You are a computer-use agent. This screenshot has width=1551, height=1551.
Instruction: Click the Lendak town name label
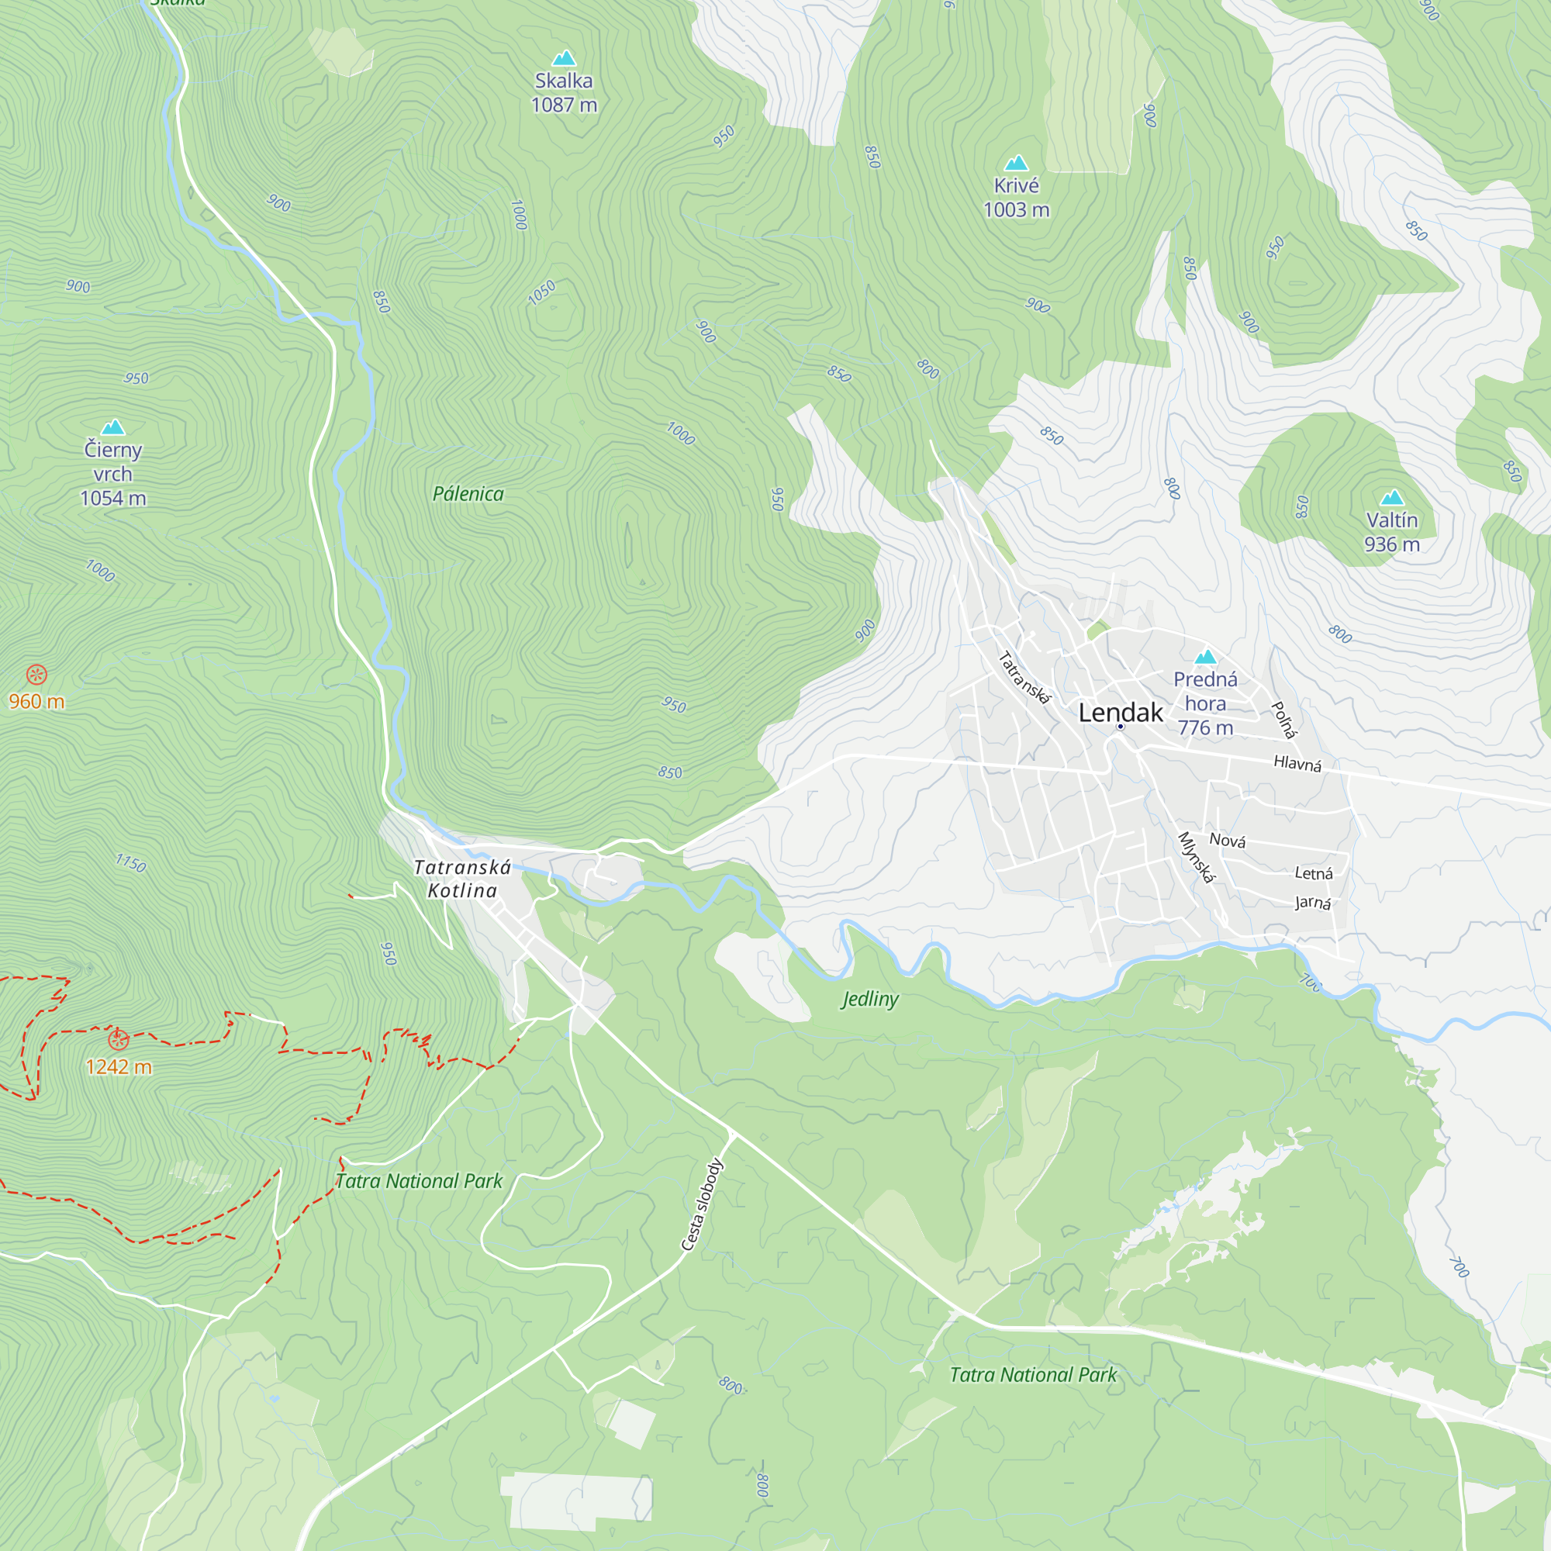1120,712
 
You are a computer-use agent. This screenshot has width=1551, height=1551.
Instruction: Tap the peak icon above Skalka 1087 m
565,58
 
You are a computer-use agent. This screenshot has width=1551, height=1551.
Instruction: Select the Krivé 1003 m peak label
1017,198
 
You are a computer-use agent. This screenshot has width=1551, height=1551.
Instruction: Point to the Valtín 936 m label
1392,532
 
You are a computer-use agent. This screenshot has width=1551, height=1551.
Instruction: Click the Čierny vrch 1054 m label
113,474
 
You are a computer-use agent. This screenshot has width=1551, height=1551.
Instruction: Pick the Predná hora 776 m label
1205,703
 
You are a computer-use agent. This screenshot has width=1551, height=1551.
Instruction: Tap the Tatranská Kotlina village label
461,879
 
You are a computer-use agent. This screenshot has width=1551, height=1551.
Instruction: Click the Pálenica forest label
468,494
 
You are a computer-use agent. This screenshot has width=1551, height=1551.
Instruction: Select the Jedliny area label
870,999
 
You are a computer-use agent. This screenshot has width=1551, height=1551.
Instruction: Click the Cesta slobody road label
702,1204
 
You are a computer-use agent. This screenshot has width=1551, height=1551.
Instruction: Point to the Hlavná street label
1297,762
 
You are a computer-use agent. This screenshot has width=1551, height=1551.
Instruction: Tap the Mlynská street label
1195,858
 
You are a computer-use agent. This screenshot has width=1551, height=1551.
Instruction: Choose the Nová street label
1228,841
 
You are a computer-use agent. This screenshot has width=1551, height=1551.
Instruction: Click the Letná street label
1314,873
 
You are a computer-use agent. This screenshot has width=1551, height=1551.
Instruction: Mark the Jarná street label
1313,903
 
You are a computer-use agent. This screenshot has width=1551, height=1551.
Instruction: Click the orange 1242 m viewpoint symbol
118,1040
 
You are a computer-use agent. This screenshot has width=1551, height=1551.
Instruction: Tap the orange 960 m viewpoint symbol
37,675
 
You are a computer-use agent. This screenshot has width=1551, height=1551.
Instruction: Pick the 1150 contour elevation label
131,864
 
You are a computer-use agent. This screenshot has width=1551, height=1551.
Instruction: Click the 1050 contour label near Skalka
542,292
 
